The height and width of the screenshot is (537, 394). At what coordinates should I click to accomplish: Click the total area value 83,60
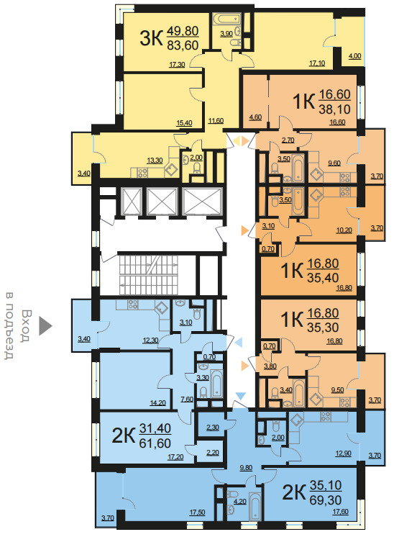(x=183, y=45)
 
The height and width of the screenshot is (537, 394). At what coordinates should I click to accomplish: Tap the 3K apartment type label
(x=151, y=38)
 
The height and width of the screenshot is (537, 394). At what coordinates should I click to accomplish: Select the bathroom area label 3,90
(x=226, y=34)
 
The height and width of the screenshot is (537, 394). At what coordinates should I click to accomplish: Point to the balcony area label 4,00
(x=354, y=56)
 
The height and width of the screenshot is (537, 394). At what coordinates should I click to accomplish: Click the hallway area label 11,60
(x=216, y=120)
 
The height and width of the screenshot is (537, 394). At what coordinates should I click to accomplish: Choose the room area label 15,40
(x=184, y=123)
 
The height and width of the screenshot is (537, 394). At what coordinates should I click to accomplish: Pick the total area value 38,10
(x=334, y=109)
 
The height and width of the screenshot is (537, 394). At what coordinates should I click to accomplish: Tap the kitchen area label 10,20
(x=344, y=230)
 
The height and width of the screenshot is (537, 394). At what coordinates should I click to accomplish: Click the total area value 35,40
(x=323, y=278)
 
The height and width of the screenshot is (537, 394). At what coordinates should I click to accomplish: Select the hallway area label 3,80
(x=270, y=366)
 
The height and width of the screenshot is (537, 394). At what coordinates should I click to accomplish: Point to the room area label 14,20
(x=157, y=403)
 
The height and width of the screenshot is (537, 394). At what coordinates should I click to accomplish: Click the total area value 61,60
(x=155, y=443)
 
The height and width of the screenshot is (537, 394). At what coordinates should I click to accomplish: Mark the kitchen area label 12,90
(x=343, y=453)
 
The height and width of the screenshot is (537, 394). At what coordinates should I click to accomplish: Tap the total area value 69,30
(x=325, y=500)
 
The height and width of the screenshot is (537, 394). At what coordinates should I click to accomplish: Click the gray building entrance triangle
(x=45, y=325)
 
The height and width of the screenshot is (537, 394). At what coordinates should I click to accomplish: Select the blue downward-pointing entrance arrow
(x=241, y=396)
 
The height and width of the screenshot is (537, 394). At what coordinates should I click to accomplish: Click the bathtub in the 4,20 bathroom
(x=255, y=506)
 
